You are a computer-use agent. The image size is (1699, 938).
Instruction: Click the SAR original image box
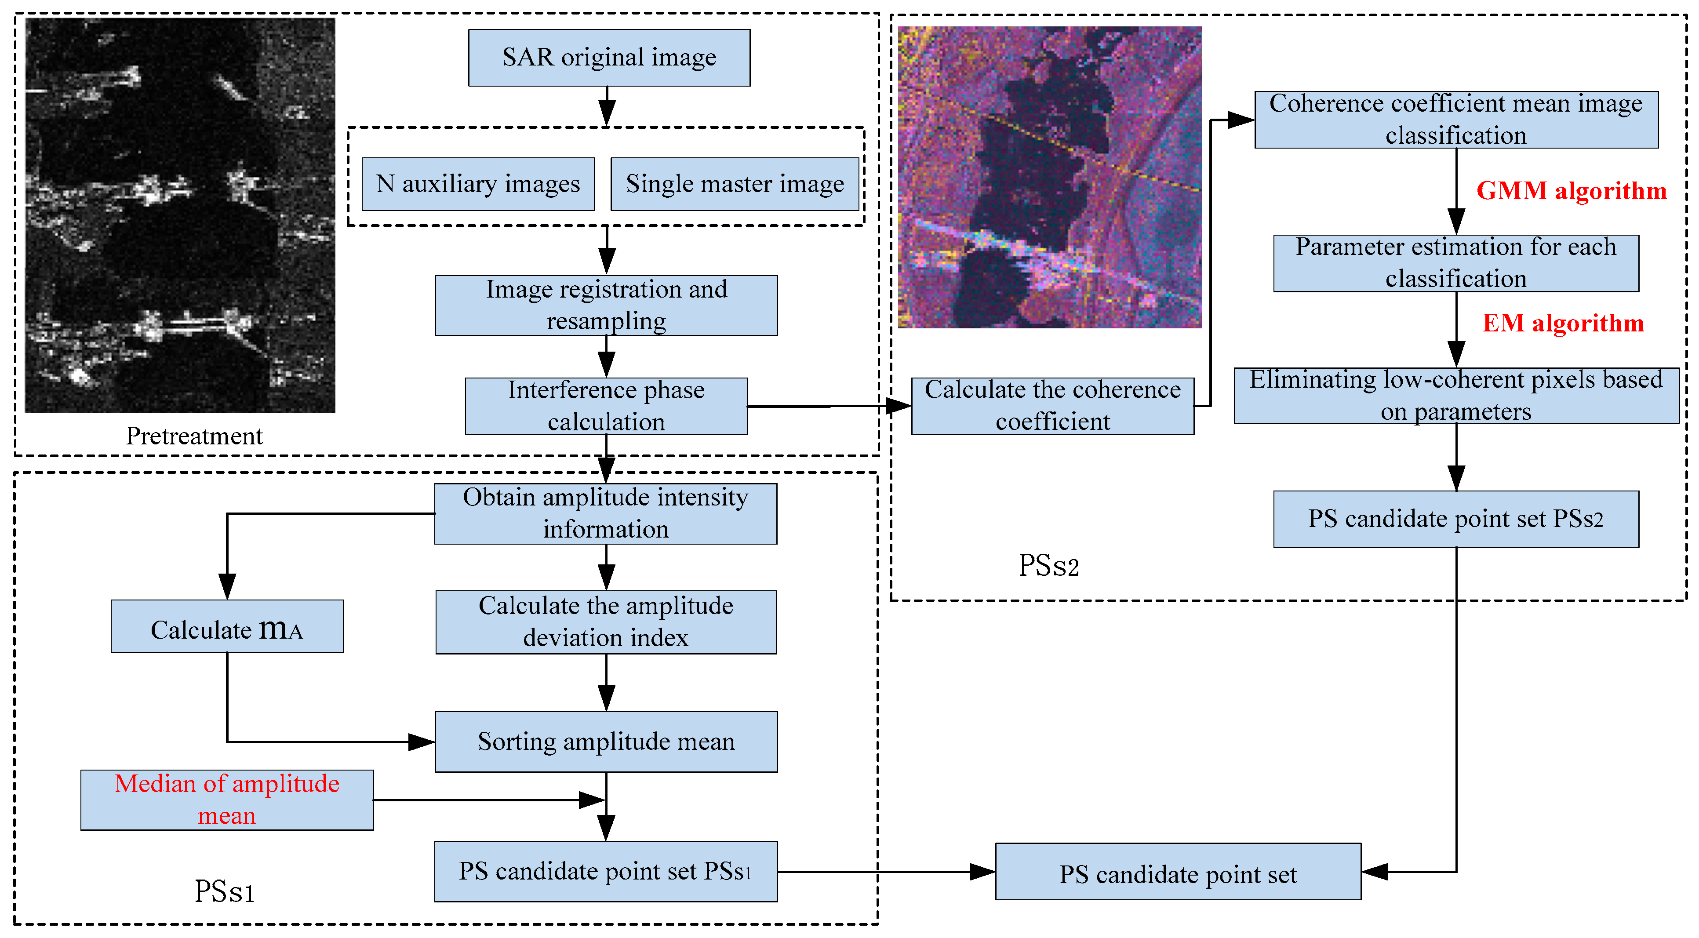coord(609,58)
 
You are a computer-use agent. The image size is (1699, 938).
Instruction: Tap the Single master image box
coord(734,184)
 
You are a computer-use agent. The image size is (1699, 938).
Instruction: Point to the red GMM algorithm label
coord(1571,191)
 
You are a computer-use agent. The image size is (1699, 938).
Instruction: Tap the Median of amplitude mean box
coord(226,800)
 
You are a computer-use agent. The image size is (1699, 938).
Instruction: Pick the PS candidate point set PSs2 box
coord(1455,519)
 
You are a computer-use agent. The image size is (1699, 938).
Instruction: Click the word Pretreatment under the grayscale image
coord(194,436)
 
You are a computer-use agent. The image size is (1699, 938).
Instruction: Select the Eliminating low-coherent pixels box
coord(1455,396)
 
